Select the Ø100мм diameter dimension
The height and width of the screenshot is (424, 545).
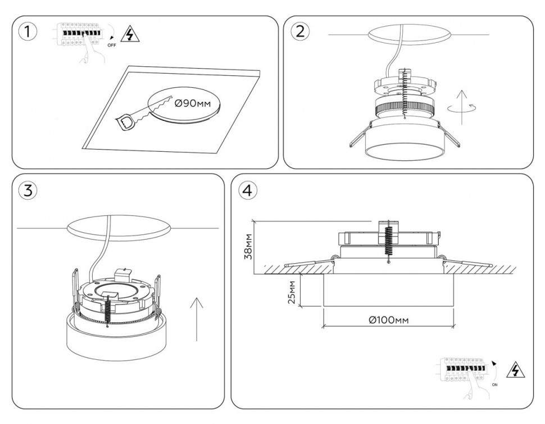pos(388,319)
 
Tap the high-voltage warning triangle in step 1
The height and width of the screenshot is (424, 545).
pos(130,35)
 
